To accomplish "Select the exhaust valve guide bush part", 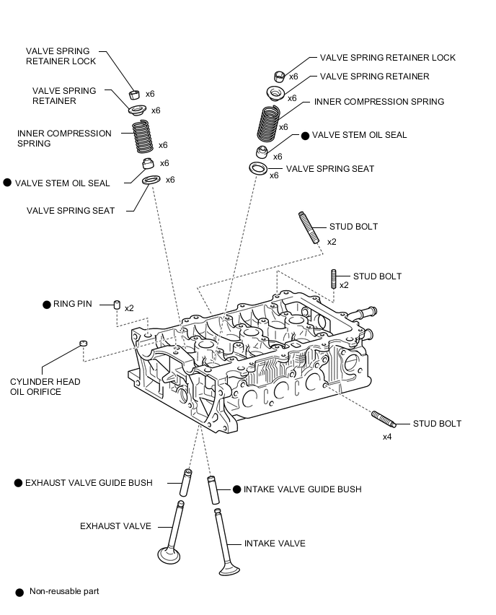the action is click(x=186, y=482).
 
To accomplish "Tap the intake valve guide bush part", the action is click(x=213, y=490).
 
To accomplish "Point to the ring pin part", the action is click(x=117, y=305).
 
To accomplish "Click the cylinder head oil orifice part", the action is click(x=83, y=343).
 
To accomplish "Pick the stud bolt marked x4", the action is click(x=383, y=419).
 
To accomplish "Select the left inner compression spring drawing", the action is click(x=142, y=136).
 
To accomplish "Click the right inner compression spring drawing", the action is click(x=269, y=123).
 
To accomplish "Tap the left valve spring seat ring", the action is click(x=151, y=180).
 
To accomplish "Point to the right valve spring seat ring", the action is click(x=258, y=168).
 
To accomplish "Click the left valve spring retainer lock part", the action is click(x=134, y=95).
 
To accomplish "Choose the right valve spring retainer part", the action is click(x=275, y=93).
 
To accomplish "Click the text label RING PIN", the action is click(x=73, y=304).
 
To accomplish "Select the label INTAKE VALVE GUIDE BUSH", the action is click(x=303, y=489).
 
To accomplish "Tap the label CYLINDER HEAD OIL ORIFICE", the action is click(x=45, y=387).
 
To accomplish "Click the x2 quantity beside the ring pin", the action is click(x=129, y=308).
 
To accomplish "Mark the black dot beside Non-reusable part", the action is click(x=19, y=592).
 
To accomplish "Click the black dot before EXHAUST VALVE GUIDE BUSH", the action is click(x=18, y=483).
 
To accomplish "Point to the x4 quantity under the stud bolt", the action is click(x=387, y=437).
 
